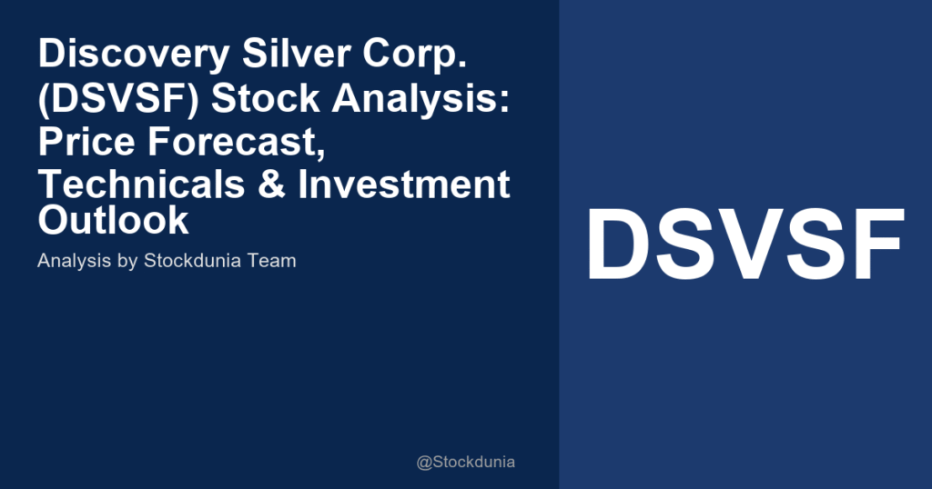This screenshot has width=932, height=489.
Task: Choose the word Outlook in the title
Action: pyautogui.click(x=113, y=220)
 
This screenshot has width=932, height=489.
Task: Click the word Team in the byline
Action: pyautogui.click(x=274, y=261)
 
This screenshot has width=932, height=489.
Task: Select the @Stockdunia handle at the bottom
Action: pyautogui.click(x=465, y=462)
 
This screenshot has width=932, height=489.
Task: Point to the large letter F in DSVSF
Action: pyautogui.click(x=875, y=245)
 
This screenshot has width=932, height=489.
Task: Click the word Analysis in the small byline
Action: pyautogui.click(x=71, y=261)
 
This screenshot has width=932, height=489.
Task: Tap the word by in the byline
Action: pyautogui.click(x=123, y=261)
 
